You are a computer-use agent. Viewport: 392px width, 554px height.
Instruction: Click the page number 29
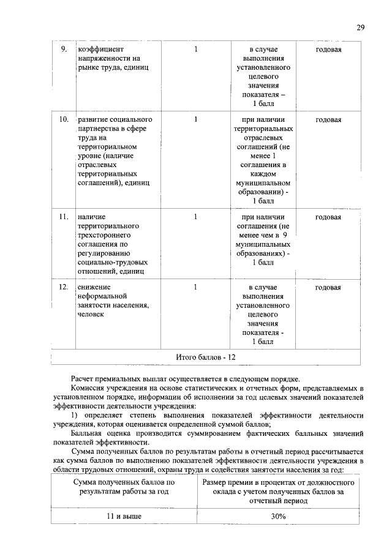pyautogui.click(x=361, y=28)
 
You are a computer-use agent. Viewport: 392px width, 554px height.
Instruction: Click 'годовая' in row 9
pyautogui.click(x=328, y=48)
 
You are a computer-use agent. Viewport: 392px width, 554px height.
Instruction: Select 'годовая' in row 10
pyautogui.click(x=328, y=119)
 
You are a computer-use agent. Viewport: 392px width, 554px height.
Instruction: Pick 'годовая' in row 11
pyautogui.click(x=328, y=217)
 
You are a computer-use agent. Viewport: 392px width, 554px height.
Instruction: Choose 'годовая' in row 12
pyautogui.click(x=328, y=287)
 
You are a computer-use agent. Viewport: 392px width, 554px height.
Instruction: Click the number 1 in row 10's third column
pyautogui.click(x=195, y=119)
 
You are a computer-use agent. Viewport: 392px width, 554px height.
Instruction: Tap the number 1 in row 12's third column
pyautogui.click(x=195, y=287)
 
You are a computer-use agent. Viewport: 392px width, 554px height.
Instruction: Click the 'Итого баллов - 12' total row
pyautogui.click(x=205, y=357)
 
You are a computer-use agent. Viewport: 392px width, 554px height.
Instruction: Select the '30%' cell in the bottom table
pyautogui.click(x=279, y=517)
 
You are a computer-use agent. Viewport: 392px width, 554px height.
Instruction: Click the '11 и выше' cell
pyautogui.click(x=124, y=517)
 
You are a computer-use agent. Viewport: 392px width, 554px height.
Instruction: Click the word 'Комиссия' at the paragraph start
pyautogui.click(x=88, y=388)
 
